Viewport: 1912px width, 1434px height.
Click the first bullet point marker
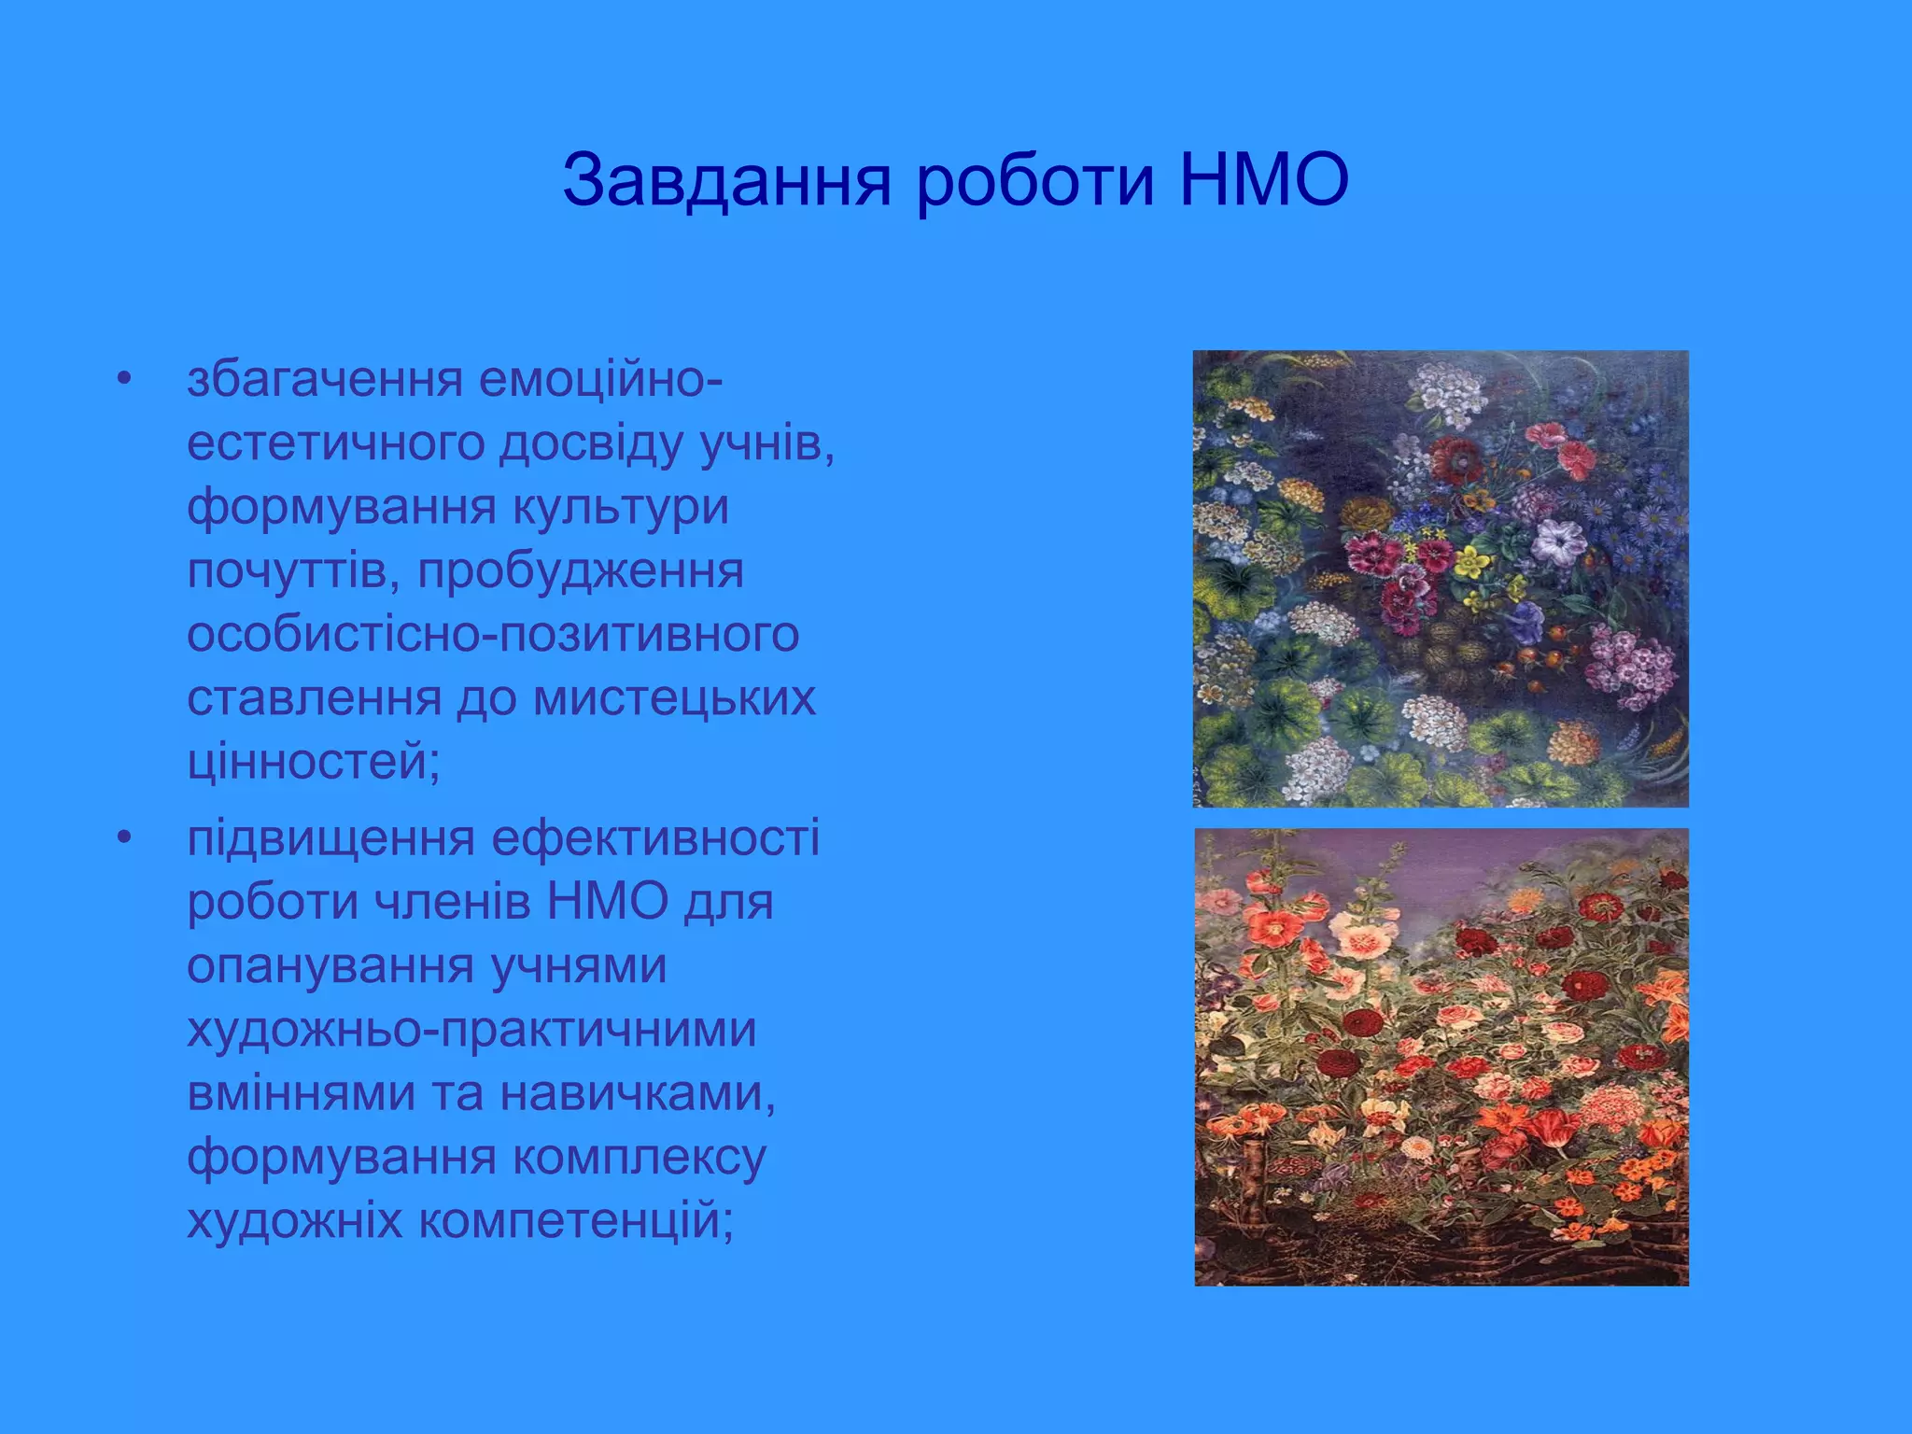click(125, 380)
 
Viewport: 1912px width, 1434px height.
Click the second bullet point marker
click(125, 837)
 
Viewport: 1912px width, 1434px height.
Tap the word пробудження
click(580, 571)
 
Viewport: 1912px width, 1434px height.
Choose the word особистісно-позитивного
click(493, 635)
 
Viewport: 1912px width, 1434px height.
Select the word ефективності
click(655, 837)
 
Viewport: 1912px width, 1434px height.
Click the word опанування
click(330, 966)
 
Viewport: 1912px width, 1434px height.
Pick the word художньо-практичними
click(471, 1030)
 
